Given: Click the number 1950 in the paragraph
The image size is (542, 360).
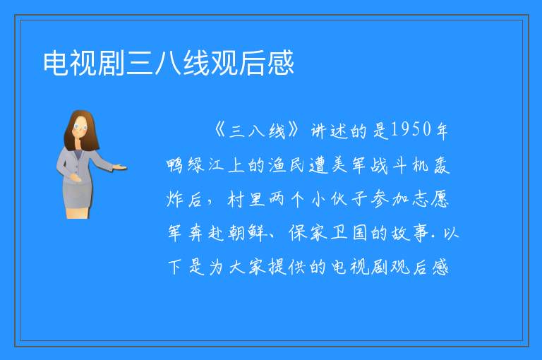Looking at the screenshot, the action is (411, 130).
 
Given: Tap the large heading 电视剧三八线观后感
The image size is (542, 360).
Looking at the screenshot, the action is (169, 63).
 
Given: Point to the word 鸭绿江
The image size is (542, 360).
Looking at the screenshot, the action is (195, 165).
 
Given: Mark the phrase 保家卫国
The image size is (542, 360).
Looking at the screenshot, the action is (328, 233).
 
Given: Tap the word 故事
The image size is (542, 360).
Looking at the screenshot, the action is (410, 233).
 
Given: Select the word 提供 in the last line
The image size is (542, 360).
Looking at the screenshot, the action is (288, 267).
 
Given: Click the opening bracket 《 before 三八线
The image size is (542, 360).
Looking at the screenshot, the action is (220, 131).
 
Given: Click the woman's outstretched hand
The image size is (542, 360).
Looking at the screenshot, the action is (120, 168).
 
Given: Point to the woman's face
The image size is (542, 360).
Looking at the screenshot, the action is (80, 126).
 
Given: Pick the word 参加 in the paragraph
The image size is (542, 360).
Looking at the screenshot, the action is (390, 199).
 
